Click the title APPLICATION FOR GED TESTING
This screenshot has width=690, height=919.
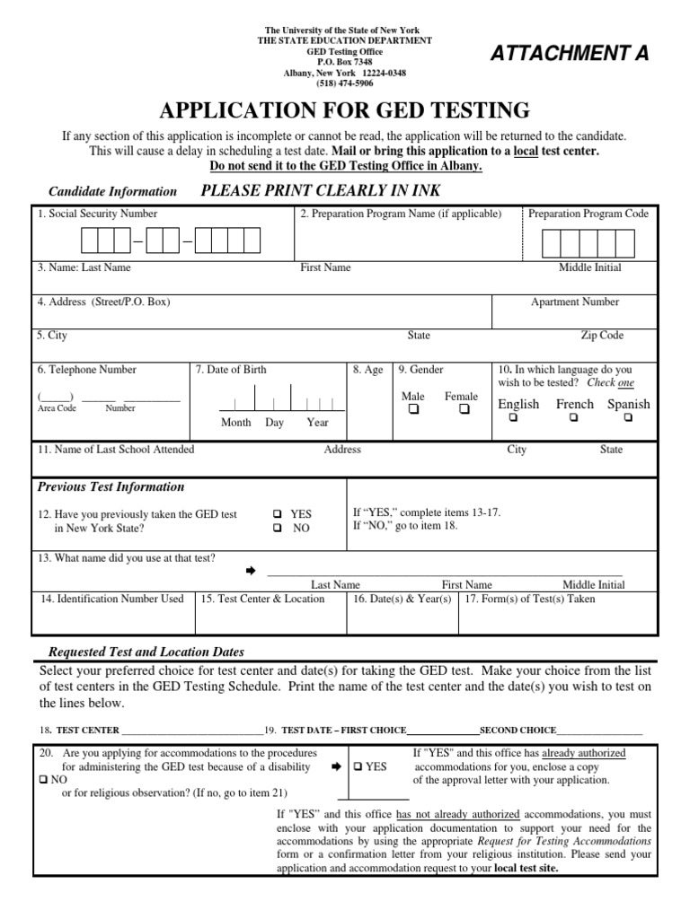coord(345,111)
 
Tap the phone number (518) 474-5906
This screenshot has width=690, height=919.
coord(345,83)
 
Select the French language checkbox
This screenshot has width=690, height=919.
coord(573,418)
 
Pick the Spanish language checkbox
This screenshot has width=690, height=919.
coord(628,418)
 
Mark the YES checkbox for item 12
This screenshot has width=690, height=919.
coord(278,514)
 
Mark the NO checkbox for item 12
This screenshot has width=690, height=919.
coord(278,529)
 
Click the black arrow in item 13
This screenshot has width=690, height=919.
coord(251,571)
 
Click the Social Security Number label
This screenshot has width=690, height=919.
coord(97,214)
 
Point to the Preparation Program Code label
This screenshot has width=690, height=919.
coord(588,214)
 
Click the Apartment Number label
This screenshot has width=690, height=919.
coord(574,302)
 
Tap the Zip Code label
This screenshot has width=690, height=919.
coord(601,336)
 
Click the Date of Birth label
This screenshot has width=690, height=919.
coord(231,369)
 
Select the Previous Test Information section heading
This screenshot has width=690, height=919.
coord(111,486)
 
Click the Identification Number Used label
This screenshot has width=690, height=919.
coord(112,599)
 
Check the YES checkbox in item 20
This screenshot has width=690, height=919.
coord(357,767)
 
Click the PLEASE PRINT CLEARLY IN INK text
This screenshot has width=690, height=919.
coord(320,190)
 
